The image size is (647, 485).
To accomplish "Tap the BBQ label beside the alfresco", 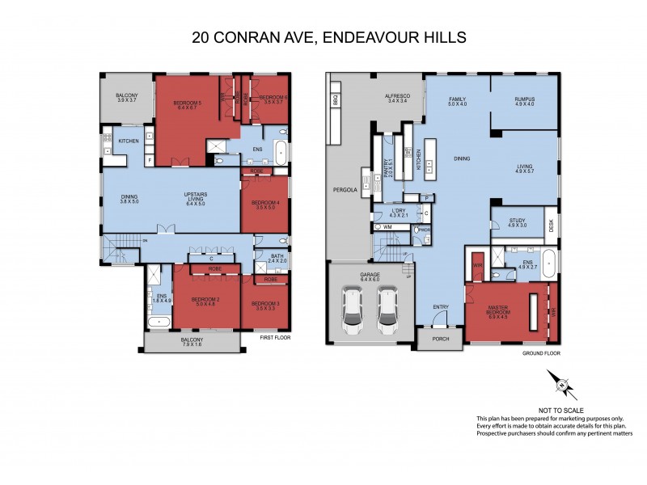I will pyautogui.click(x=334, y=101).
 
